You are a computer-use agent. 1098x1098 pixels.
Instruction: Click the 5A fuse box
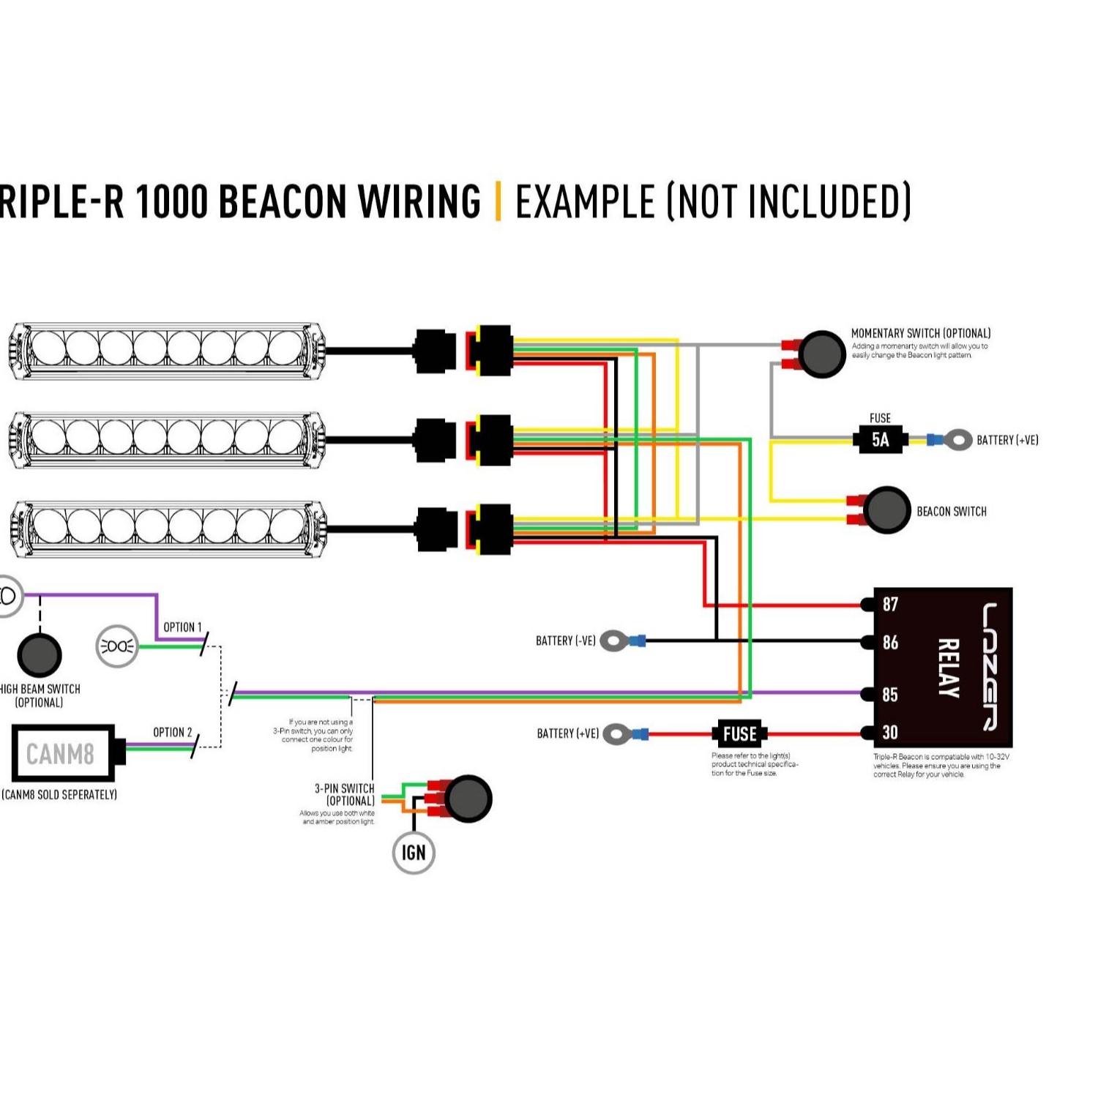(x=881, y=440)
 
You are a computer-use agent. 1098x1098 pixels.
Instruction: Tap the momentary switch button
(x=821, y=354)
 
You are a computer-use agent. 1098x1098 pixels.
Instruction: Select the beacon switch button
(x=886, y=510)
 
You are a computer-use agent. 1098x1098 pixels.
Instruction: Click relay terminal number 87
(x=889, y=605)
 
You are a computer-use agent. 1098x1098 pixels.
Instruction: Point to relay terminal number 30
(x=889, y=733)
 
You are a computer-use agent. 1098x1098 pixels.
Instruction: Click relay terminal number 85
(x=889, y=694)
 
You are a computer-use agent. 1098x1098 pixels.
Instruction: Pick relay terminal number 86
(x=889, y=643)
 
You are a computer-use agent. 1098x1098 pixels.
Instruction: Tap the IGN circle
(x=414, y=853)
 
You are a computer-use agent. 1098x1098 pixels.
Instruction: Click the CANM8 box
(x=63, y=753)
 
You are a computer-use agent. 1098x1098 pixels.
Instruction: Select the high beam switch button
(x=39, y=654)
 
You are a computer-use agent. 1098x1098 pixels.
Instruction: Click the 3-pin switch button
(x=468, y=799)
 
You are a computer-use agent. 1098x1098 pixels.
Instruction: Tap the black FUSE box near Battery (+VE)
(x=739, y=733)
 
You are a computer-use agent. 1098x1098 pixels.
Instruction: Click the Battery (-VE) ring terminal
(x=614, y=641)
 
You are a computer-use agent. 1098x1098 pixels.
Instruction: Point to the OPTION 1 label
(x=182, y=627)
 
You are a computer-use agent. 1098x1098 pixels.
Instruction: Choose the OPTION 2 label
(x=172, y=732)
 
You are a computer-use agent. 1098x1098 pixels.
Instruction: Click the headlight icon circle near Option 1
(x=117, y=646)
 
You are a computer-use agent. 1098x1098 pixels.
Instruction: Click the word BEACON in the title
(x=282, y=202)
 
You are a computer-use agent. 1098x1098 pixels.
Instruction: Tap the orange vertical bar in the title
(x=498, y=201)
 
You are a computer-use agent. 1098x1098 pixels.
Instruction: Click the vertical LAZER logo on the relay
(x=990, y=666)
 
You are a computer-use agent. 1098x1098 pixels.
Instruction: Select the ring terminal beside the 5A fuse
(x=957, y=440)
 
